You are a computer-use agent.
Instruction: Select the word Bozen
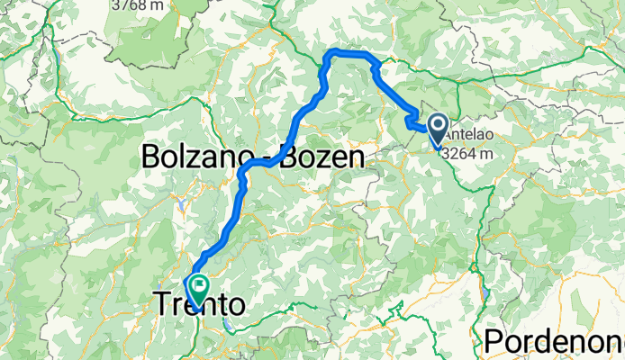pyautogui.click(x=323, y=157)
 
